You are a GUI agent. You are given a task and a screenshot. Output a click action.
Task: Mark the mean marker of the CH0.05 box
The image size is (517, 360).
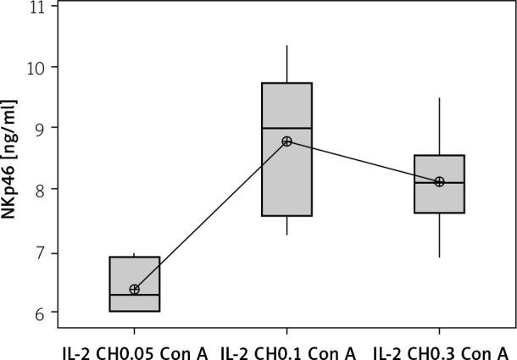coord(134,290)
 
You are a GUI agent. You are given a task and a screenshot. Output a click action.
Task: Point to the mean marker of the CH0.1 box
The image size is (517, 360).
coord(286,141)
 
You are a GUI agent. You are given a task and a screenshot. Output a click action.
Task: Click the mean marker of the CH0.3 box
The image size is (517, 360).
coord(439,181)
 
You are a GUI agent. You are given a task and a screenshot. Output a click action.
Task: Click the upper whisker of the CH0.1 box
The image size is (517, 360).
coord(286,64)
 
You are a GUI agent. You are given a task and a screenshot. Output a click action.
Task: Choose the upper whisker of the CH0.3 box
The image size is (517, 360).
coord(439,126)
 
